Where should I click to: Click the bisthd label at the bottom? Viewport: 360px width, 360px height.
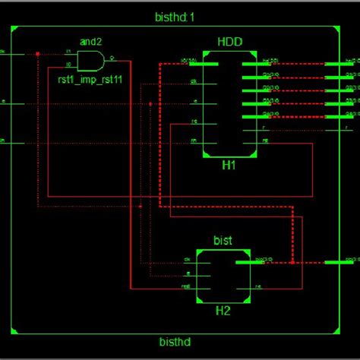(176, 343)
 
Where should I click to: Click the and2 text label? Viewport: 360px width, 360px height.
(91, 43)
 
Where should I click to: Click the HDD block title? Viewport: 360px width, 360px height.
(229, 42)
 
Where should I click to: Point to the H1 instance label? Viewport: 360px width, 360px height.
(229, 164)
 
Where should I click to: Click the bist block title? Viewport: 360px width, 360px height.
(223, 240)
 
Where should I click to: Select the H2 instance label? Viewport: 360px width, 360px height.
(223, 309)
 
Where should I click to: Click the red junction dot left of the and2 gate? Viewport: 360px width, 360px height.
(37, 53)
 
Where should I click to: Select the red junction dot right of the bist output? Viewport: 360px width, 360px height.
(292, 263)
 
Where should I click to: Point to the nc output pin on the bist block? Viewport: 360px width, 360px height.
(254, 287)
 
